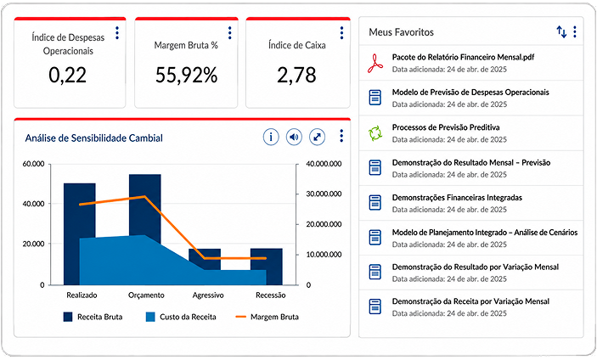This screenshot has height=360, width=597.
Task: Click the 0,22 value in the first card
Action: click(x=67, y=75)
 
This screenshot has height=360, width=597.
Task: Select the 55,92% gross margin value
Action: click(x=186, y=75)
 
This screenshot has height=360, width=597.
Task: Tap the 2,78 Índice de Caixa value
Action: click(x=296, y=75)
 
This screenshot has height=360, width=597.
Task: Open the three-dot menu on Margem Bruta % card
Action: click(x=229, y=33)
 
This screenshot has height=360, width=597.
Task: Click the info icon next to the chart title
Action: click(x=271, y=137)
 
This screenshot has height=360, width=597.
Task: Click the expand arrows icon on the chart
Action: click(x=317, y=137)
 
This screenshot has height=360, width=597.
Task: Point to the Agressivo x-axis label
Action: click(x=208, y=295)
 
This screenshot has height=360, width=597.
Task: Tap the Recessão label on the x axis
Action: click(x=271, y=295)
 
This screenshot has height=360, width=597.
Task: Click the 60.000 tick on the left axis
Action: click(x=33, y=164)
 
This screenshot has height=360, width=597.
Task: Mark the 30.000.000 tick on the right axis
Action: click(x=324, y=194)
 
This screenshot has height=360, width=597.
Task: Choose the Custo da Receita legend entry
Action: click(x=181, y=317)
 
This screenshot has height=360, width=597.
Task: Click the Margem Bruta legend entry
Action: click(x=268, y=317)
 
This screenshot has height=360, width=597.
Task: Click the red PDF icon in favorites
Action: click(x=375, y=63)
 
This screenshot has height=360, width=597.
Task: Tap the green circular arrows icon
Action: click(x=375, y=133)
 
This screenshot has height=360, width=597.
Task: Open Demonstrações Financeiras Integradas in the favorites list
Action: click(x=457, y=198)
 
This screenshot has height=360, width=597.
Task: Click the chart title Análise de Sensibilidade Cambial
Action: click(x=94, y=138)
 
